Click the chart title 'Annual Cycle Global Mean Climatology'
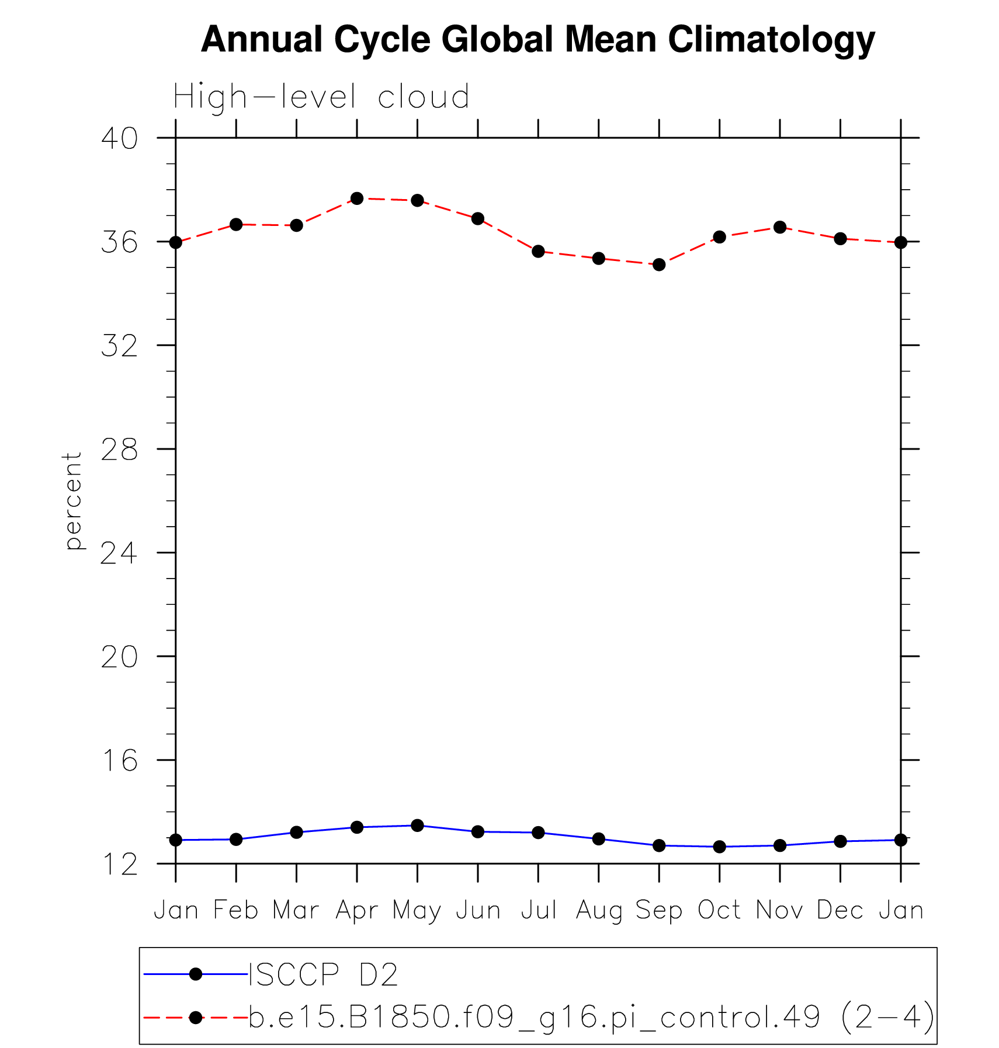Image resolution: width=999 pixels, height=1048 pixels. pyautogui.click(x=537, y=40)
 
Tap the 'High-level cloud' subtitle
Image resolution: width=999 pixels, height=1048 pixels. pyautogui.click(x=321, y=97)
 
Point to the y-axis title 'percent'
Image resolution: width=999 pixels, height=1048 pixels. pyautogui.click(x=74, y=500)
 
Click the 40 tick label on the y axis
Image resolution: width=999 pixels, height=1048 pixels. pyautogui.click(x=120, y=138)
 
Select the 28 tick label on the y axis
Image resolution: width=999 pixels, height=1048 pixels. pyautogui.click(x=120, y=449)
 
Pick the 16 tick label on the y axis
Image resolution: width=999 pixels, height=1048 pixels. pyautogui.click(x=120, y=760)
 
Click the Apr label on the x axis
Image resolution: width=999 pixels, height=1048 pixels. pyautogui.click(x=357, y=910)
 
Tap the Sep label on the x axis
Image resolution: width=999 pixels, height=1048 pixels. pyautogui.click(x=659, y=910)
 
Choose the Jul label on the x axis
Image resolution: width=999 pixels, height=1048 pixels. pyautogui.click(x=538, y=910)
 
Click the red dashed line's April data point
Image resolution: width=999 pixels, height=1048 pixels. pyautogui.click(x=357, y=199)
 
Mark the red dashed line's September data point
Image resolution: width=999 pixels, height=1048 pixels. pyautogui.click(x=659, y=264)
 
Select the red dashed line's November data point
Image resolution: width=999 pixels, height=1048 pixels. pyautogui.click(x=780, y=227)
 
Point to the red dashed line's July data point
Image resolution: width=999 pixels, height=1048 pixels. pyautogui.click(x=538, y=252)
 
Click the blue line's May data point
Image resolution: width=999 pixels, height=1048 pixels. pyautogui.click(x=417, y=825)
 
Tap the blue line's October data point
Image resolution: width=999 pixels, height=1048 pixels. pyautogui.click(x=719, y=847)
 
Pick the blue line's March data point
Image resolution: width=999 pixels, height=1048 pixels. pyautogui.click(x=297, y=832)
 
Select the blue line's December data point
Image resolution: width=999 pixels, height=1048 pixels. pyautogui.click(x=840, y=841)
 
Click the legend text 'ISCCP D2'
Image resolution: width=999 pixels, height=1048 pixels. pyautogui.click(x=324, y=974)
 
